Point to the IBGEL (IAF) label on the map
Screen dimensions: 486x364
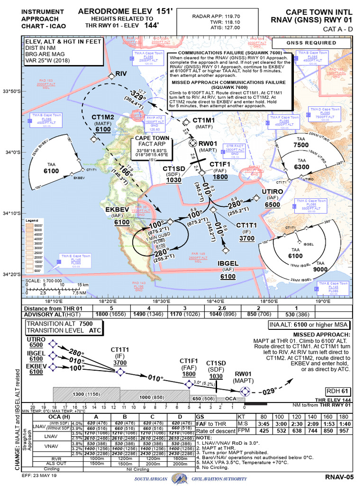(x=227, y=264)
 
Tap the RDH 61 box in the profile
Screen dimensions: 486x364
(x=337, y=391)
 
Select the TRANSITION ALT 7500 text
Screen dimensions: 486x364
(x=59, y=323)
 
